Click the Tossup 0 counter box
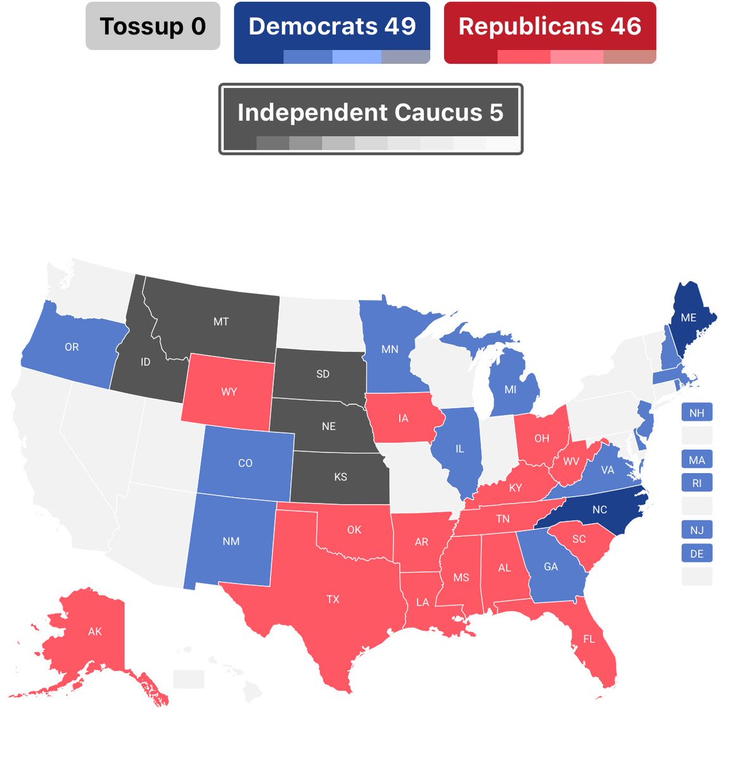tap(153, 26)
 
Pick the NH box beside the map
tap(696, 413)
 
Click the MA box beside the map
tap(696, 460)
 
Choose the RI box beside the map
tap(696, 483)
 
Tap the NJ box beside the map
tap(696, 530)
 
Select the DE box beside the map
tap(696, 554)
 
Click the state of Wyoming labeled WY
tap(229, 391)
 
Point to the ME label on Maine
tap(688, 317)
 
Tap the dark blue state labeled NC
tap(599, 510)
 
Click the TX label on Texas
tap(333, 599)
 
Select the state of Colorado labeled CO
tap(245, 463)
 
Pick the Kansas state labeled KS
tap(340, 477)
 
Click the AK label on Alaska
tap(94, 631)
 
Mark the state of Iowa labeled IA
tap(403, 418)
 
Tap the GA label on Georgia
tap(551, 566)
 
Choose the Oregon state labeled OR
tap(72, 347)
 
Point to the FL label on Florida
tap(589, 639)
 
